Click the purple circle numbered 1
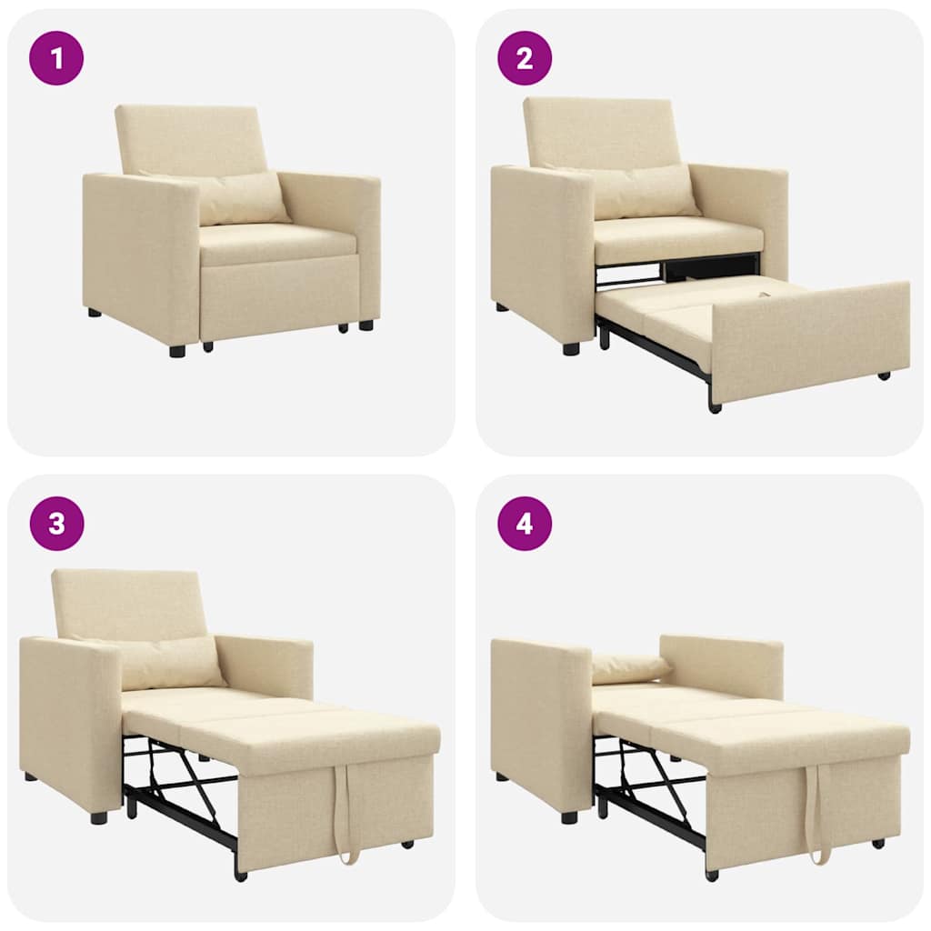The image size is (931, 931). coord(56,58)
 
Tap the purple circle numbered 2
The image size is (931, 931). coord(525,58)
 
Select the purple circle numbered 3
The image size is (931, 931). coord(56,524)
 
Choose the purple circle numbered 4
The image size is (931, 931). coord(525,524)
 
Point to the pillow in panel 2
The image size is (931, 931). coord(641,192)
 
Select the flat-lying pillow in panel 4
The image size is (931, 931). coord(629,668)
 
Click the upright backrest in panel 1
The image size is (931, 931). coord(193,138)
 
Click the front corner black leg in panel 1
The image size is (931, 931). coord(177,350)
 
